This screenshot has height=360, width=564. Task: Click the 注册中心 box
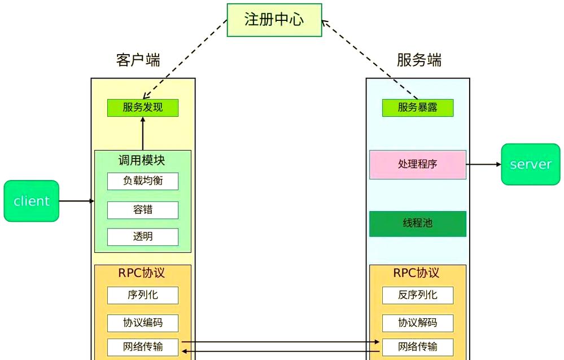coord(274,20)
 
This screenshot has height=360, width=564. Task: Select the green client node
coord(32,201)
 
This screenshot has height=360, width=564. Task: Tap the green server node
coord(530,164)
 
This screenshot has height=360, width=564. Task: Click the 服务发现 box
coord(143,108)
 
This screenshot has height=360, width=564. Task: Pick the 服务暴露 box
coord(418,108)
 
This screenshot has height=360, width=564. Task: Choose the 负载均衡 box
coord(143,181)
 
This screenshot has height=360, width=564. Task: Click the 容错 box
coord(143,210)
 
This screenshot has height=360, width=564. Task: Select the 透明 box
coord(143,236)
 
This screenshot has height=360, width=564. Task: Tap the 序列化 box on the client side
coord(143,295)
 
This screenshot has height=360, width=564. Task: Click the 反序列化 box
coord(418,295)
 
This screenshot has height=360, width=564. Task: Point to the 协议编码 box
coord(143,323)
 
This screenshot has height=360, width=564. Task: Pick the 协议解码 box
coord(418,323)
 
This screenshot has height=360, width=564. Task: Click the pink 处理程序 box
coord(418,164)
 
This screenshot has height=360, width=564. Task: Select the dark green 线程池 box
coord(418,223)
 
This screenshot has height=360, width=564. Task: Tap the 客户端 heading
coord(138,60)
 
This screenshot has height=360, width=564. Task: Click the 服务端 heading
coord(419,60)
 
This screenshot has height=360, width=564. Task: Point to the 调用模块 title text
coord(142,160)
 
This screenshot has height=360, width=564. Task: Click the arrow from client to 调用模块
coord(76,201)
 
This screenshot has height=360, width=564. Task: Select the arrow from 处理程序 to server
coord(484,164)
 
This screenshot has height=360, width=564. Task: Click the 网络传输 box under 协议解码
coord(418,346)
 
